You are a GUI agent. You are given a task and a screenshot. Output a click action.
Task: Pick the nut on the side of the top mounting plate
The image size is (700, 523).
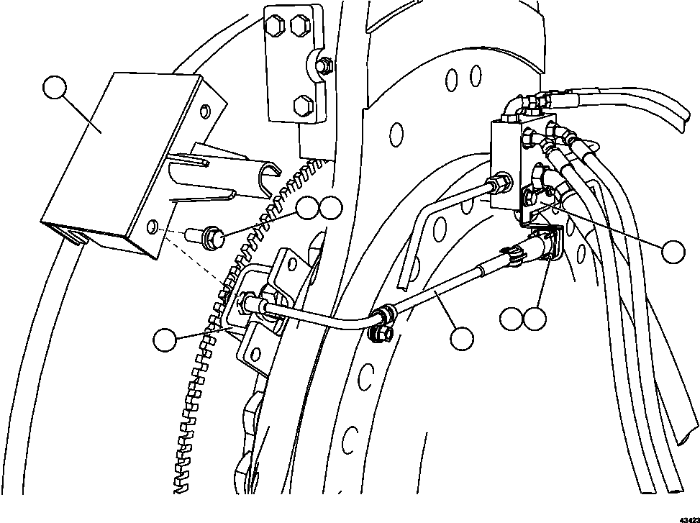pos(324,65)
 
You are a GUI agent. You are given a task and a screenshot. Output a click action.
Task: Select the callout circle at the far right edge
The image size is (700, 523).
pos(674,251)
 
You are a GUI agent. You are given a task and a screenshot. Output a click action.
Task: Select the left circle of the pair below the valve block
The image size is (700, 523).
pos(511,318)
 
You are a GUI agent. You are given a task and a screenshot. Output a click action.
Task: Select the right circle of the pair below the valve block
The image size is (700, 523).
pos(535,318)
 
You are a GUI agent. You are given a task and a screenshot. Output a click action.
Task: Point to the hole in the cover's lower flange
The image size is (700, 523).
pos(153,229)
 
